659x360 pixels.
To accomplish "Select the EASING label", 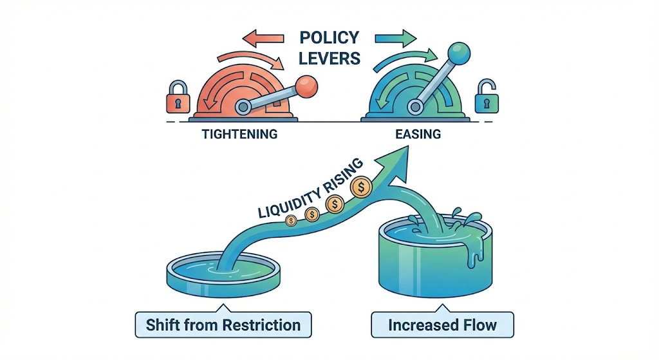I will pyautogui.click(x=419, y=135).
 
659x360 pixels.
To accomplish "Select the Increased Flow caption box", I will pyautogui.click(x=442, y=324).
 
